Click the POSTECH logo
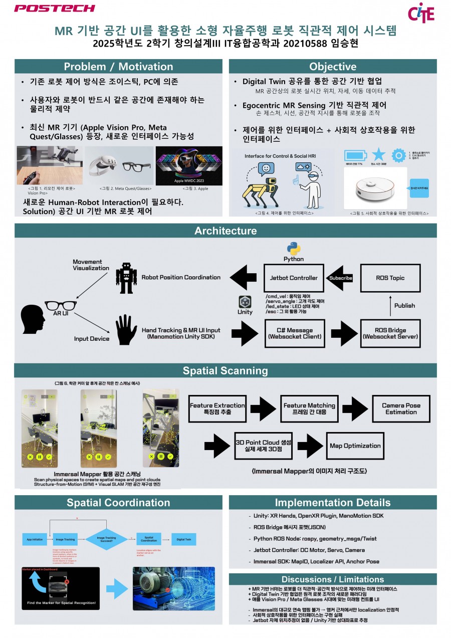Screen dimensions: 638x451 54,9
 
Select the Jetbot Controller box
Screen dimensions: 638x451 294,278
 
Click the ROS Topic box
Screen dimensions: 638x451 390,278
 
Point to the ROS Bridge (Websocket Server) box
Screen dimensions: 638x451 390,334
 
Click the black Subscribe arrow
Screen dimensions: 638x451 340,278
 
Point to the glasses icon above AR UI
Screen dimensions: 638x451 61,304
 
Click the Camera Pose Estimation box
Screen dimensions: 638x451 401,409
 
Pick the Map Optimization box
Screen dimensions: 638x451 355,446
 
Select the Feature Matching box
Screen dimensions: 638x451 309,409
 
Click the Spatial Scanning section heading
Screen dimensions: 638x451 225,371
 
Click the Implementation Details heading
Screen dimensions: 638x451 332,503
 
